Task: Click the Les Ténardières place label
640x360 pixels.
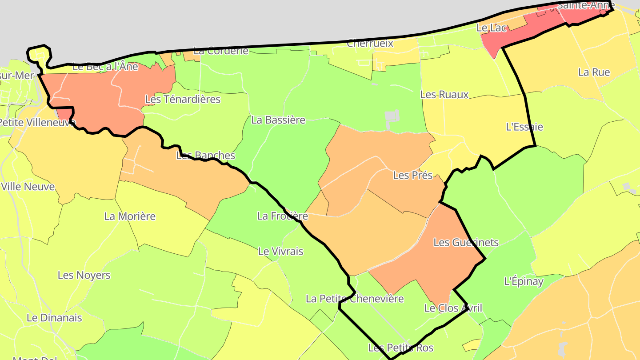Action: pos(183,99)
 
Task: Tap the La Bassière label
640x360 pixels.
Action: pos(278,120)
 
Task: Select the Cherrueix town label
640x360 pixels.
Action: pos(370,43)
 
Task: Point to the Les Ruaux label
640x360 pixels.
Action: pos(444,95)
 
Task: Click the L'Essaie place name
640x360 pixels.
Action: pos(524,127)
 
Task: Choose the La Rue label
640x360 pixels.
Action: pos(594,72)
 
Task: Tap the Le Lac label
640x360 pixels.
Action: pos(491,28)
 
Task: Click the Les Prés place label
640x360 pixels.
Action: pos(412,175)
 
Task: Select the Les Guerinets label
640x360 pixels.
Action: pos(466,242)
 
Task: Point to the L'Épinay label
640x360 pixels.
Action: pos(524,281)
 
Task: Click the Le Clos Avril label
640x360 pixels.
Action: pos(453,308)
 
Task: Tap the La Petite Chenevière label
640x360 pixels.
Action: pos(354,298)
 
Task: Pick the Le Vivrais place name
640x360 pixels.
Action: pos(280,251)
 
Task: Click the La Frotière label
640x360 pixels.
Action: pos(282,216)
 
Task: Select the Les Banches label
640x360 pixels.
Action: pos(205,156)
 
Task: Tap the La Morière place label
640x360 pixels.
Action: pos(130,216)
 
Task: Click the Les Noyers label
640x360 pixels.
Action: pos(84,275)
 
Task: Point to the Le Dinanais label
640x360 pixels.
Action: pos(54,318)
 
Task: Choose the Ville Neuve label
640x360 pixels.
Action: pos(28,186)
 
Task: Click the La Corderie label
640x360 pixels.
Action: pos(221,51)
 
